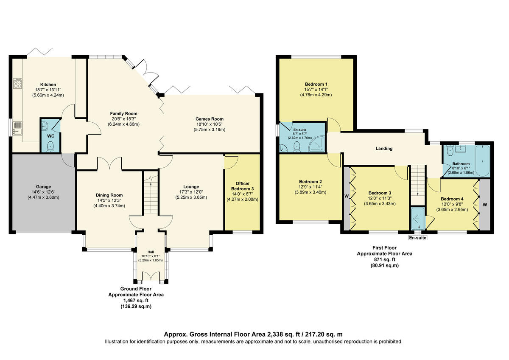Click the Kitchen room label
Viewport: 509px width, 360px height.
48,84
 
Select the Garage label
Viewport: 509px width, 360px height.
44,186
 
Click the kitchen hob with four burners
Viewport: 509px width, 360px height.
18,84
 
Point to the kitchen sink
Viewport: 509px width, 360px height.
18,128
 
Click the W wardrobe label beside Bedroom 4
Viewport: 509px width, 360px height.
484,205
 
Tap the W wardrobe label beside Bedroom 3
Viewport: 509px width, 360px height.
347,196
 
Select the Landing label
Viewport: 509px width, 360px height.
384,149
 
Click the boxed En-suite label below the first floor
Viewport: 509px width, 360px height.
418,238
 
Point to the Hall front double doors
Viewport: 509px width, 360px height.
150,276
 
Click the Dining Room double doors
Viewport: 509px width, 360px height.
109,163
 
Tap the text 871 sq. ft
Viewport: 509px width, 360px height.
384,259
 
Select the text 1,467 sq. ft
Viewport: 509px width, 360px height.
136,300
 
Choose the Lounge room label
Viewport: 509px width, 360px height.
191,186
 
